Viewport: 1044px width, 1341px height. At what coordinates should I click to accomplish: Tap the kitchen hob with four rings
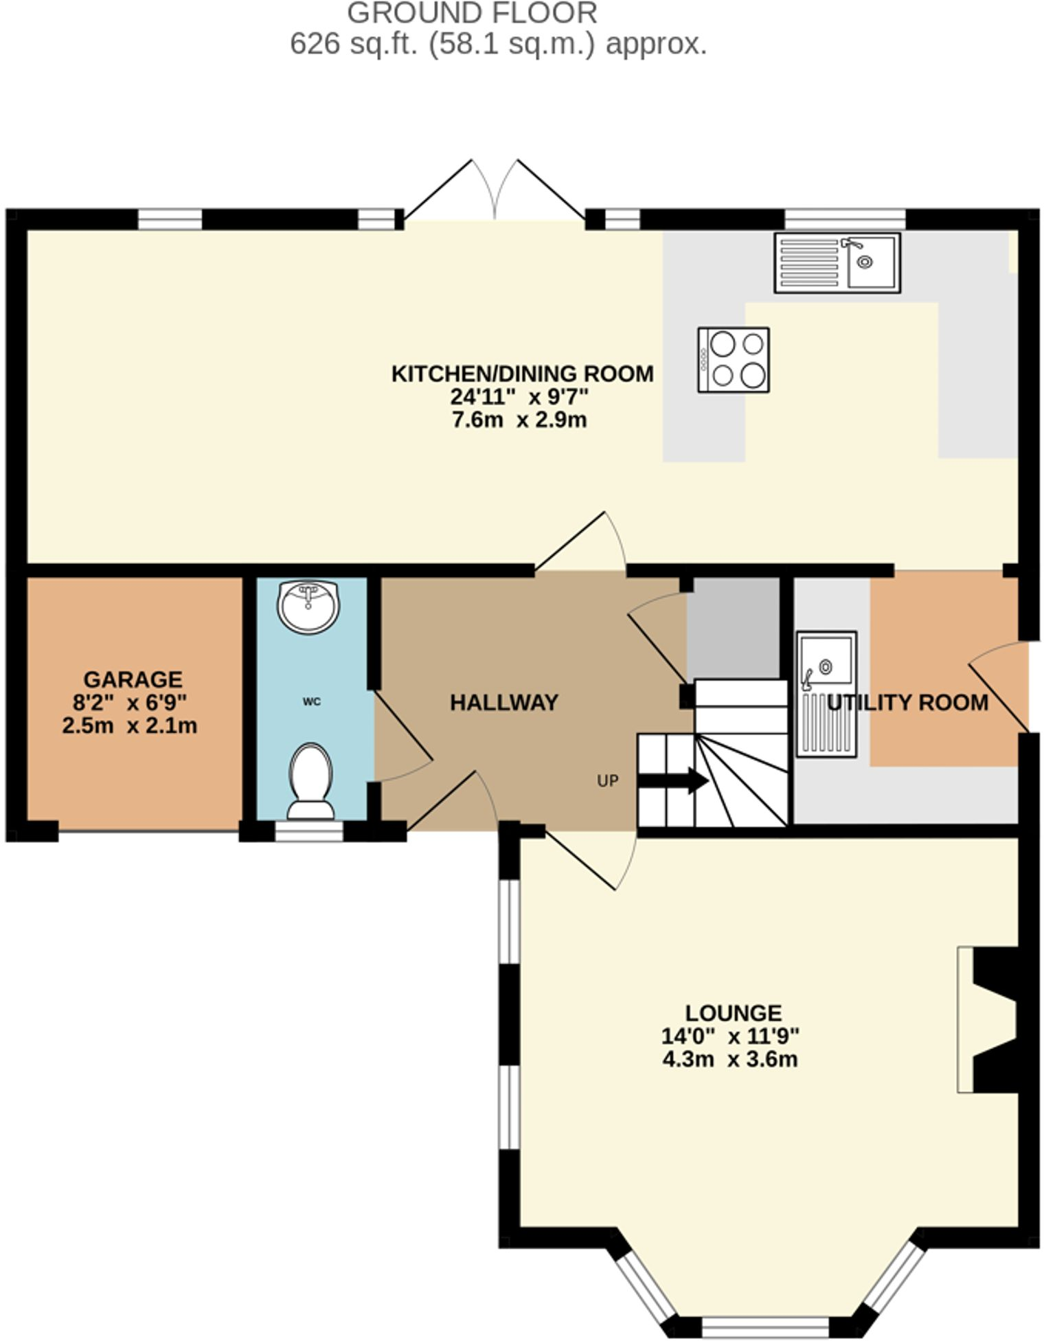point(733,359)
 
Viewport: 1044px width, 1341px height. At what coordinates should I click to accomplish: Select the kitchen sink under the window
point(837,262)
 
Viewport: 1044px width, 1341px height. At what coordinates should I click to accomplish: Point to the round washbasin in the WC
point(308,607)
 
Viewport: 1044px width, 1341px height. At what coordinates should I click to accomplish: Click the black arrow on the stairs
point(672,780)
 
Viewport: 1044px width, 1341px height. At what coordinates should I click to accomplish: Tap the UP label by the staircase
point(607,780)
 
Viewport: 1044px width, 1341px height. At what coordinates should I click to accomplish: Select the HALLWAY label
point(503,702)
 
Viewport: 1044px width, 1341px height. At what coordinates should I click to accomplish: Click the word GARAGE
point(133,679)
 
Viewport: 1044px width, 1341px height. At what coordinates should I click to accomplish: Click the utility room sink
point(826,694)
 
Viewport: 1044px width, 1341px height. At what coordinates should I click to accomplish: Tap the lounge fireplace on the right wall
point(988,1019)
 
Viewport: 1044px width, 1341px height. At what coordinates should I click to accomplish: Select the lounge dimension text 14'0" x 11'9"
point(729,1035)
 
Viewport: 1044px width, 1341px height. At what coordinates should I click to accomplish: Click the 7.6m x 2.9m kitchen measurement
point(519,419)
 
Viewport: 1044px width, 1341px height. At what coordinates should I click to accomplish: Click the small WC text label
point(311,701)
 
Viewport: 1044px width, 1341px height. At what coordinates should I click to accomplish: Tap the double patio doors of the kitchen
point(495,192)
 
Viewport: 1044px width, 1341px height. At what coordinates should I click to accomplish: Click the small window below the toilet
point(308,831)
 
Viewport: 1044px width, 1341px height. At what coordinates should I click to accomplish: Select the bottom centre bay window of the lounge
point(765,1326)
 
